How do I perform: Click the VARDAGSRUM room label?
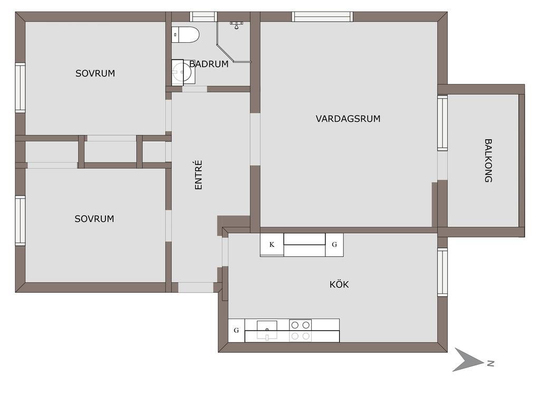click(348, 119)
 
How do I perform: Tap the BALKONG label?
click(488, 160)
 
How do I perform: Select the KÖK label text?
click(339, 284)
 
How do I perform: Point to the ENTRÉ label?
click(198, 175)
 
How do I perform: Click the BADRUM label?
click(209, 64)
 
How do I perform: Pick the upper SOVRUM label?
click(95, 73)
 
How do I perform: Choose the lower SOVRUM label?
click(94, 219)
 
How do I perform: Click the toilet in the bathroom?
click(185, 35)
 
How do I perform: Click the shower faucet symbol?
click(237, 25)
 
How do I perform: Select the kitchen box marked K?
click(272, 245)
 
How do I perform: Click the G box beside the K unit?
click(334, 245)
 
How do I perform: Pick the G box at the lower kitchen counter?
click(236, 331)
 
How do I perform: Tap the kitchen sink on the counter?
click(267, 330)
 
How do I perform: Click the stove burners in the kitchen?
click(300, 330)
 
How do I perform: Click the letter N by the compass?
click(491, 363)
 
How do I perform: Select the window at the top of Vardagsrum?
click(322, 16)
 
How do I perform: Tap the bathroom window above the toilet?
click(203, 16)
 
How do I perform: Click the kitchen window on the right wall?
click(442, 272)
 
